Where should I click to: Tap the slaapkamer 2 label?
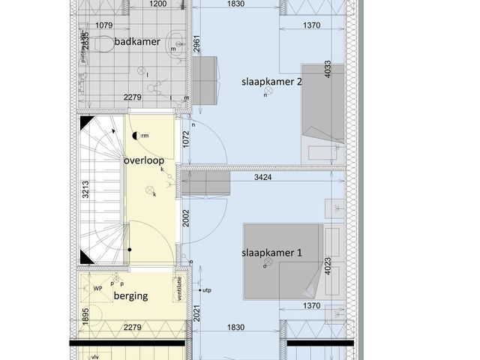tap(271, 81)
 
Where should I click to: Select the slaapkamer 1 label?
tap(271, 253)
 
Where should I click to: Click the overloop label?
tap(144, 161)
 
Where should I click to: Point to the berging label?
tap(130, 295)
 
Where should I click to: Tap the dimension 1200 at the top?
tap(157, 4)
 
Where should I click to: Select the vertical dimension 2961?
tap(196, 43)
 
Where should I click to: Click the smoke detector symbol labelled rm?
tap(135, 136)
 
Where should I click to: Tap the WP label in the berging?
tap(97, 288)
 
